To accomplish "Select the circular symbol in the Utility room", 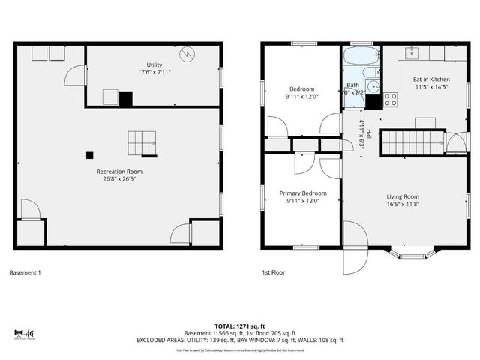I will (187, 54).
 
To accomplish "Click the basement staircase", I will (142, 143).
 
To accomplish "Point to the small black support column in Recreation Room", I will (89, 155).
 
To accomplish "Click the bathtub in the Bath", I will (360, 55).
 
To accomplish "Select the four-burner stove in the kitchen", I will (391, 97).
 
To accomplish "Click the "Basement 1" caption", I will (25, 272).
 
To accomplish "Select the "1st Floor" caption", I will (273, 272).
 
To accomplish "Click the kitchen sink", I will (412, 53).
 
